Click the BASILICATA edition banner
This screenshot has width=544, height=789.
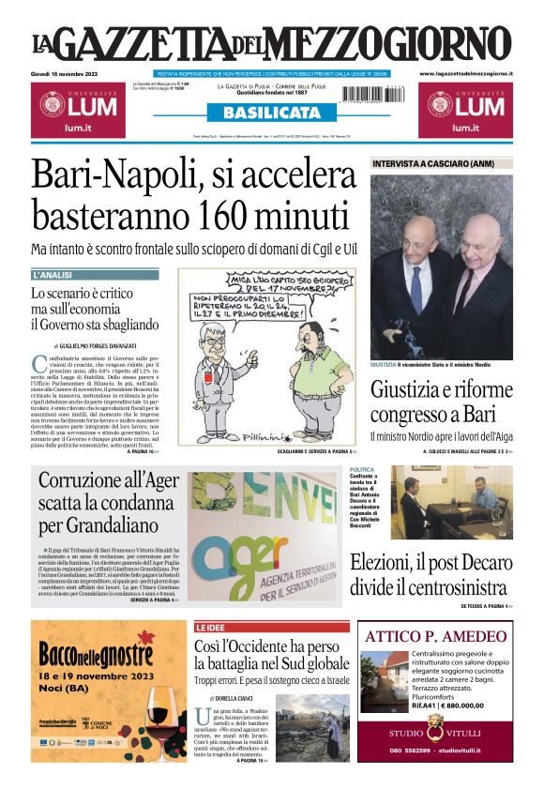(x=272, y=113)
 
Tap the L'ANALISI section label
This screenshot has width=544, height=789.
(x=53, y=276)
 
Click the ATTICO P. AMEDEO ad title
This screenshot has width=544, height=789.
(x=435, y=636)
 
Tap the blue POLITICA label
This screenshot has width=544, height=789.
(x=362, y=469)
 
